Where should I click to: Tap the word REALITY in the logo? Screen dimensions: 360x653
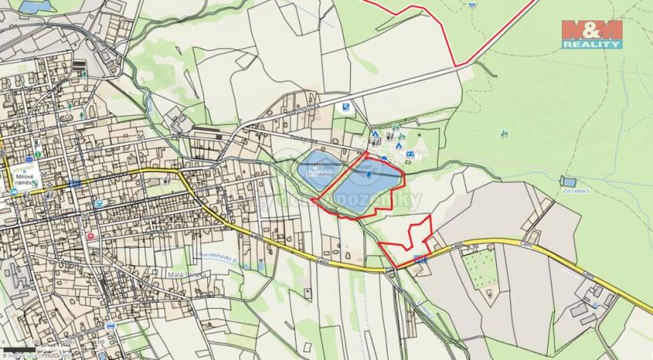(592, 45)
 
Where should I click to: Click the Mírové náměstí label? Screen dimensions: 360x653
(24, 177)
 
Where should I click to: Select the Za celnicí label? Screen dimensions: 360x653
(575, 191)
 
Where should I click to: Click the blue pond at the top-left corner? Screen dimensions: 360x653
(31, 6)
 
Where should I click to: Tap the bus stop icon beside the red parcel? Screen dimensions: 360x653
(420, 258)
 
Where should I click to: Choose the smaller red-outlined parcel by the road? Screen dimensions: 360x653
(408, 240)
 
